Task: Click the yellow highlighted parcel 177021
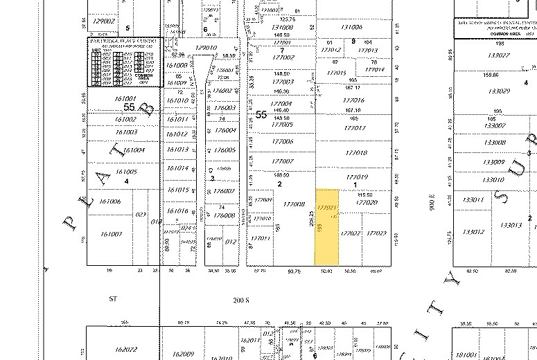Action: click(327, 208)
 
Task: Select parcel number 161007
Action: click(111, 234)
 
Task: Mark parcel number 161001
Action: click(106, 99)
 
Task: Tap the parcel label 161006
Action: click(111, 201)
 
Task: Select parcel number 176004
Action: click(225, 130)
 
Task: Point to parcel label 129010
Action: click(206, 48)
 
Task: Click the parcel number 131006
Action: click(351, 27)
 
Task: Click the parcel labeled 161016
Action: click(179, 210)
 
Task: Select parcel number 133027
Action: click(498, 55)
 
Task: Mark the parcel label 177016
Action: click(353, 101)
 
